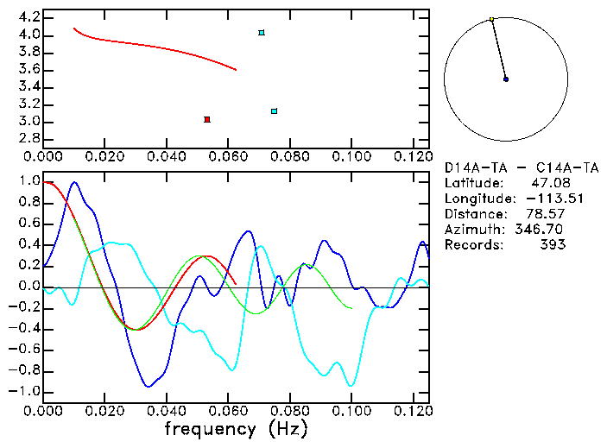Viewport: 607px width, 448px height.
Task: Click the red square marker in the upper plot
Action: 207,119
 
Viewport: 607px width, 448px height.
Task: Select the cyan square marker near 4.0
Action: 262,33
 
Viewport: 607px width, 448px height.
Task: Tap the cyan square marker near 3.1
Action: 274,111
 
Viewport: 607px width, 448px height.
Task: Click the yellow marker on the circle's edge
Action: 491,19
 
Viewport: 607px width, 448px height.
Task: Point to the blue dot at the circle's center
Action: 506,79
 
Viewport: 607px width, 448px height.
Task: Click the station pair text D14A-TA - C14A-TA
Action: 521,167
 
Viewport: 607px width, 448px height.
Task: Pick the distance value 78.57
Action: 547,214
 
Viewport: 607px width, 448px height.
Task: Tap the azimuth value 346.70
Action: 542,230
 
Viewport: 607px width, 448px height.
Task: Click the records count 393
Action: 552,245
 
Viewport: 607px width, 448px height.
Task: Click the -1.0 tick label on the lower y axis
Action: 23,391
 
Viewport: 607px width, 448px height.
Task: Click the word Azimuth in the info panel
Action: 471,230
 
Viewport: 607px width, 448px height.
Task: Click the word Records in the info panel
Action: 471,245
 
